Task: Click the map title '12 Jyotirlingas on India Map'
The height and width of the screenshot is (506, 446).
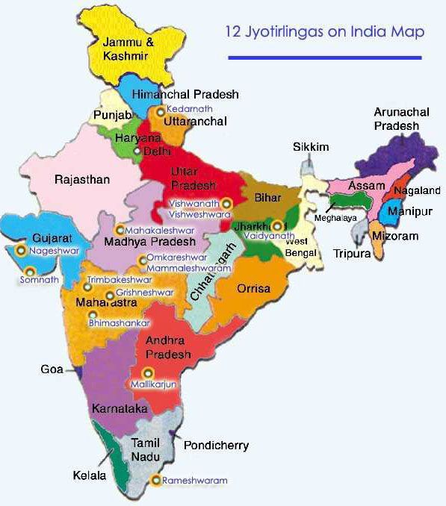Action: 324,32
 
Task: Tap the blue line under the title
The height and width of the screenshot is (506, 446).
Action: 324,57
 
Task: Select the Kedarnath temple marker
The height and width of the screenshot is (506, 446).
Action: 159,110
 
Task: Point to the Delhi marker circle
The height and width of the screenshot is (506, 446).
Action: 136,151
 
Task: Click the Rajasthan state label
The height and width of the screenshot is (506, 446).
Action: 82,180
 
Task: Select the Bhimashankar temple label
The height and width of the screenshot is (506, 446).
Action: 119,323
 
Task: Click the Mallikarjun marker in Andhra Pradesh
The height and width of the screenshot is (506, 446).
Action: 148,372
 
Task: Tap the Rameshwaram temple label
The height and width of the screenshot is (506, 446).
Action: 195,481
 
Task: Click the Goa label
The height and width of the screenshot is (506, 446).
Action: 51,369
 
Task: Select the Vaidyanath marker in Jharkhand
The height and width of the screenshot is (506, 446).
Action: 278,225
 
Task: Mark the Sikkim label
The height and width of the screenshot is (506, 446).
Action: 311,147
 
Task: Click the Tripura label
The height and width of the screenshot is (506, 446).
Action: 352,254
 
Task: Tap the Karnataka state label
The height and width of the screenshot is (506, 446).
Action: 116,409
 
